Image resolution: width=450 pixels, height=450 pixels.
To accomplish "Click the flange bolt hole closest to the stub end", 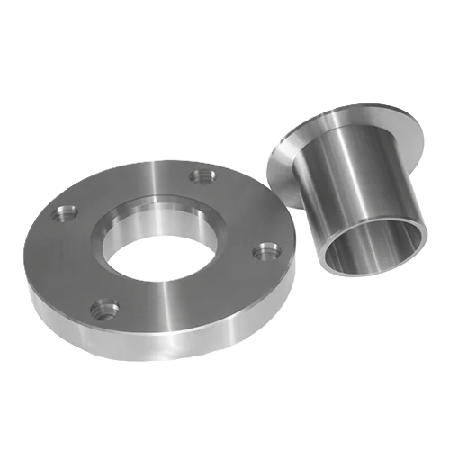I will [265, 251].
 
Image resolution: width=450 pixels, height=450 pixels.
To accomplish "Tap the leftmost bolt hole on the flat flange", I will [66, 214].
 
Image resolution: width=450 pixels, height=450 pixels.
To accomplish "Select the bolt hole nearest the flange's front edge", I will [106, 310].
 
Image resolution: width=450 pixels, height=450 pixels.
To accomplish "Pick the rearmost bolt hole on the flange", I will [202, 175].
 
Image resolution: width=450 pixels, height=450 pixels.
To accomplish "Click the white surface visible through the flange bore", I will [162, 256].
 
